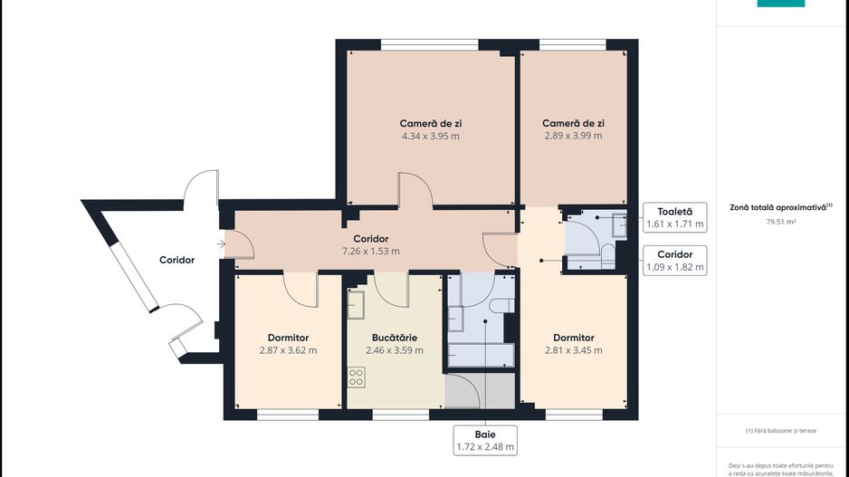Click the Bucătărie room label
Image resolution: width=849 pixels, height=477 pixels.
coord(394,337)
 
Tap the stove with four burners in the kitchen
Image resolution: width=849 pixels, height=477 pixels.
coord(357,377)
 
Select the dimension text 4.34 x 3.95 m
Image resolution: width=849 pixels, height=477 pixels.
coord(431,137)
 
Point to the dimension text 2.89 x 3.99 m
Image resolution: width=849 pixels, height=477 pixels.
coord(573,137)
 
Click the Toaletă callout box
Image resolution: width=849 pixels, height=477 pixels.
coord(674,216)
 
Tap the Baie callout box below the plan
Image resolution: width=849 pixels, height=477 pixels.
coord(485,439)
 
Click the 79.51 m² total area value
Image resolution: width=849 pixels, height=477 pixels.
coord(779,220)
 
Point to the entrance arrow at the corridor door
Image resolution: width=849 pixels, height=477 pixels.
coord(223,243)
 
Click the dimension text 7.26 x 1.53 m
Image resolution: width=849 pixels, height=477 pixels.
coord(370,252)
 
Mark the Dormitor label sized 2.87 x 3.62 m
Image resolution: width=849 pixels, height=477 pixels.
coord(288,337)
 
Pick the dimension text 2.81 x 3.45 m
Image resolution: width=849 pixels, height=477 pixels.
coord(573,350)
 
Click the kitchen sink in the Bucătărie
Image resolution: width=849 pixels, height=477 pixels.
coord(356,301)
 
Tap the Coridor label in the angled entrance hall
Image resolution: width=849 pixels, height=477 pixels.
coord(176,260)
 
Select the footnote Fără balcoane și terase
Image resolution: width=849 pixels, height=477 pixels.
coord(780,431)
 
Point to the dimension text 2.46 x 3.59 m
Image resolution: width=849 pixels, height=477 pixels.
coord(394,350)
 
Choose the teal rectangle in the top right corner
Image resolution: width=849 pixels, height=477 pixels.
coord(780,3)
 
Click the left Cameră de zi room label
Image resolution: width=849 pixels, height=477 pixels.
coord(431,123)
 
